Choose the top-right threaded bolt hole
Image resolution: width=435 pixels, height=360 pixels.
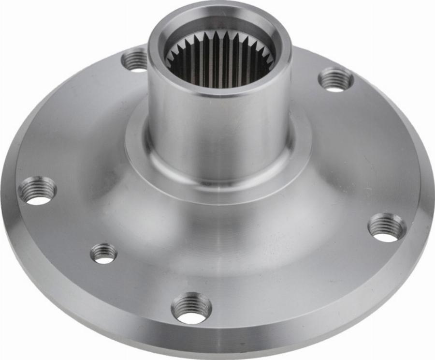336,79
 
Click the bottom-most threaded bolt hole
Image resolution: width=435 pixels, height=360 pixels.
191,308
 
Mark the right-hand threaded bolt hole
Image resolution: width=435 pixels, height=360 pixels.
387,226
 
